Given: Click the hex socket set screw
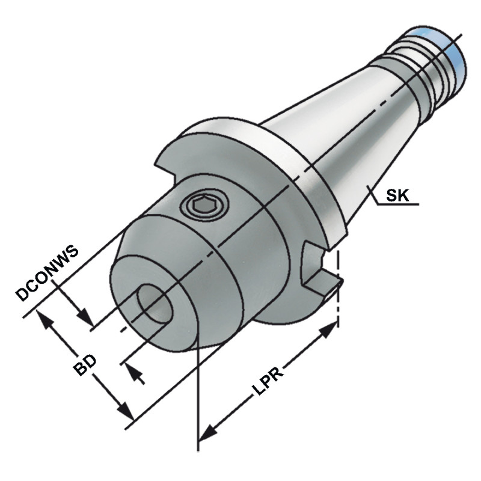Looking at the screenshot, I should click(x=206, y=206).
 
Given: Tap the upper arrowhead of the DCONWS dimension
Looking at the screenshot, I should click(x=85, y=316).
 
